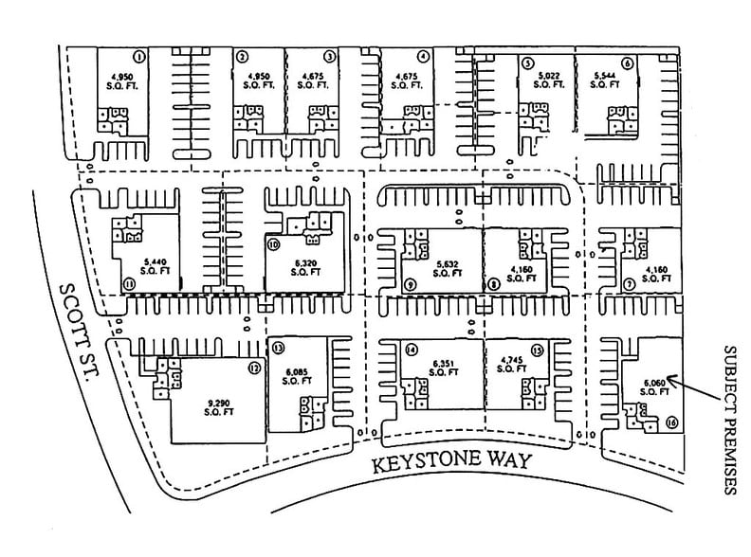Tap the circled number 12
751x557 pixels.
(x=254, y=368)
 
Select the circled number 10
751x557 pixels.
(x=274, y=243)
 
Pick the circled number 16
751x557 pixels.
(x=670, y=423)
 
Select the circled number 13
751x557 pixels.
(x=278, y=349)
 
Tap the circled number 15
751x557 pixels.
(x=537, y=349)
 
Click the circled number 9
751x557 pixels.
(x=410, y=284)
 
